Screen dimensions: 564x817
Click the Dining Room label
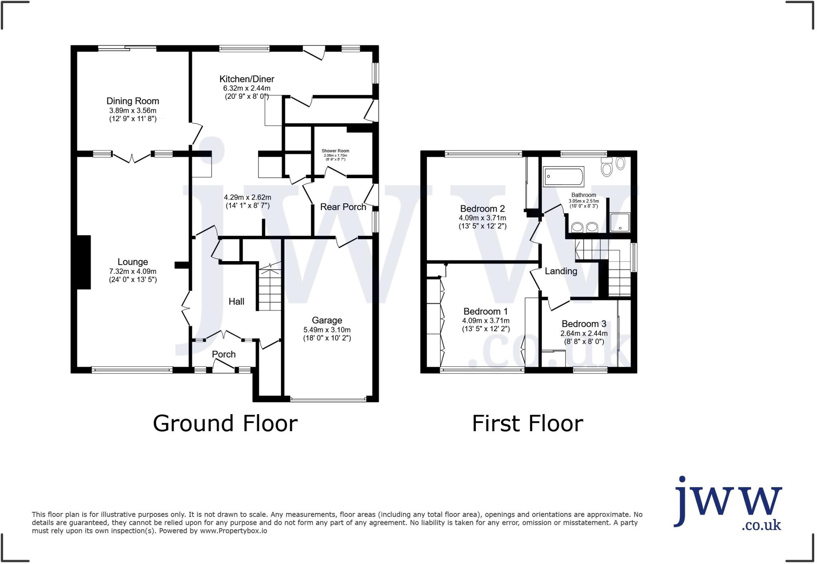pos(132,101)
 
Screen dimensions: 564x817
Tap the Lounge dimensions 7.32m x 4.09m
pos(132,271)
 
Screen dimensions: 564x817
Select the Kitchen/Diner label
pos(247,79)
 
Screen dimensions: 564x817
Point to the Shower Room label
pos(335,151)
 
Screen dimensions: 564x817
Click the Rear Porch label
pos(343,207)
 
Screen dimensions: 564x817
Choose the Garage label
pos(327,320)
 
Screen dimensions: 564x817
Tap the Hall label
pos(236,302)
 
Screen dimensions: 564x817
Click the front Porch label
pos(223,354)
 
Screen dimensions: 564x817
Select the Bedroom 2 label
pos(482,209)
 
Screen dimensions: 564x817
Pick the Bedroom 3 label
pos(584,324)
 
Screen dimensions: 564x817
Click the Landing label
pos(560,271)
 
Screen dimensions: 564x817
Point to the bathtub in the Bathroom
pos(563,176)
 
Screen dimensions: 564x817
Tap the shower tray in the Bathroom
pos(620,222)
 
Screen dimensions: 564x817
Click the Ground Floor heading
pos(225,423)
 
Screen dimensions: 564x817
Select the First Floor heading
pos(527,423)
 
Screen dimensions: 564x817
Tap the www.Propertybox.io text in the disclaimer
pos(233,531)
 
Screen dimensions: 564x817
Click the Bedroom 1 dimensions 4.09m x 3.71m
pos(485,321)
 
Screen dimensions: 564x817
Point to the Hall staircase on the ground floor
pos(270,289)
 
